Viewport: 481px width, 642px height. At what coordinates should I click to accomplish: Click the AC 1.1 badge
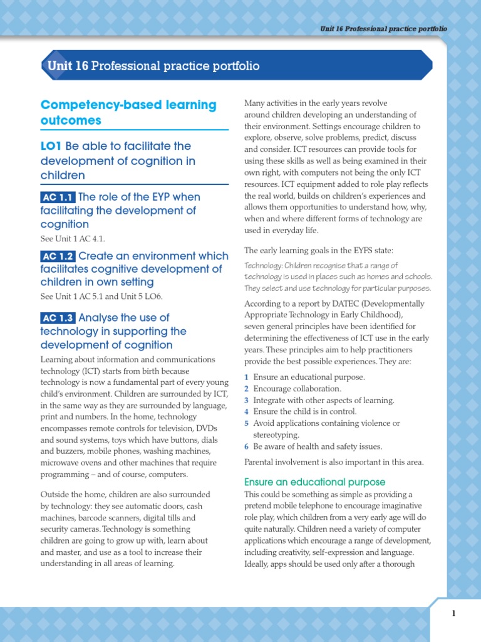tap(58, 197)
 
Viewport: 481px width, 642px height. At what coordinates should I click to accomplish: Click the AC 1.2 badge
tap(58, 256)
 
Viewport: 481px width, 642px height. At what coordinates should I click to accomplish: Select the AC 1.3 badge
tap(58, 318)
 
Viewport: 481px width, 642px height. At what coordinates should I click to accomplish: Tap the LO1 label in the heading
tap(51, 146)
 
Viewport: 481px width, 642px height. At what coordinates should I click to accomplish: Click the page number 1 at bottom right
tap(453, 614)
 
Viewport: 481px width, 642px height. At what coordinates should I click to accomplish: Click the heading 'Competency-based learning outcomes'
tap(128, 112)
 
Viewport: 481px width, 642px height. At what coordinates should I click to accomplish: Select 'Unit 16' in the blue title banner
tap(68, 66)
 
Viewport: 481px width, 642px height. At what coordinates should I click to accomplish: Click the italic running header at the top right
tap(383, 29)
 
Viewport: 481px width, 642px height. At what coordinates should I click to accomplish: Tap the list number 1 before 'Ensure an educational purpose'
tap(246, 377)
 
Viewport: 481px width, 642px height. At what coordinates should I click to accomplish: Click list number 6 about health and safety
tap(246, 446)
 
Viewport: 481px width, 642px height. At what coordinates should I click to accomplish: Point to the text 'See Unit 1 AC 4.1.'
tap(73, 239)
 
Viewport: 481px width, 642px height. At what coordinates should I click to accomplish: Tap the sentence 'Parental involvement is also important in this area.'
tap(334, 463)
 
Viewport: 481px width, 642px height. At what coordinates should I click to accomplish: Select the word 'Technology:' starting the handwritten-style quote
tap(263, 265)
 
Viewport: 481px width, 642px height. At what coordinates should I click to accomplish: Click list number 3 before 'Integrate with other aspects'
tap(246, 400)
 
